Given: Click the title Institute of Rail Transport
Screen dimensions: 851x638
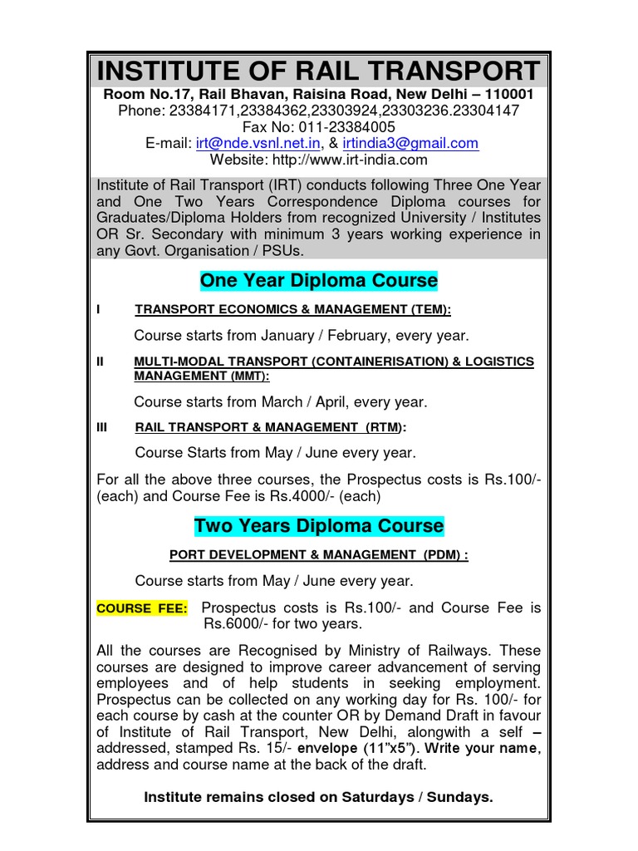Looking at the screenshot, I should tap(319, 71).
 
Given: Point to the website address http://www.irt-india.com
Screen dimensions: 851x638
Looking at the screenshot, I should tap(356, 160).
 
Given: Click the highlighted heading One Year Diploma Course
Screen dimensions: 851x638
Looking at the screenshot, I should tap(319, 280).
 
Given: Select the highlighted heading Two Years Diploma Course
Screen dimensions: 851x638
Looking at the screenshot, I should tap(319, 526).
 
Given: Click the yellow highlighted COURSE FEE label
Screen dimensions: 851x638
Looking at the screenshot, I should tap(142, 608).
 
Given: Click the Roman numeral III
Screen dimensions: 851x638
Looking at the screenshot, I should tap(103, 427).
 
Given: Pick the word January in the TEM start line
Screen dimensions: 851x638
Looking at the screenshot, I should tap(263, 336).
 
